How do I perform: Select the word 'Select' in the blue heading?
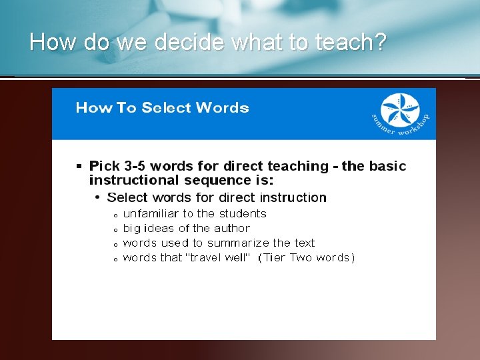(165, 108)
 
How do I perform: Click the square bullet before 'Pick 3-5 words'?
(79, 165)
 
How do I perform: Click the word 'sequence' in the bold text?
(213, 180)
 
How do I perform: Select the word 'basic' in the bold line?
(387, 166)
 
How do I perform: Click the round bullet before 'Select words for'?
(97, 197)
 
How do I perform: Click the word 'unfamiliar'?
(151, 214)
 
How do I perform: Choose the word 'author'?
(232, 229)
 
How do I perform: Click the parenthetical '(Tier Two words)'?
(306, 258)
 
